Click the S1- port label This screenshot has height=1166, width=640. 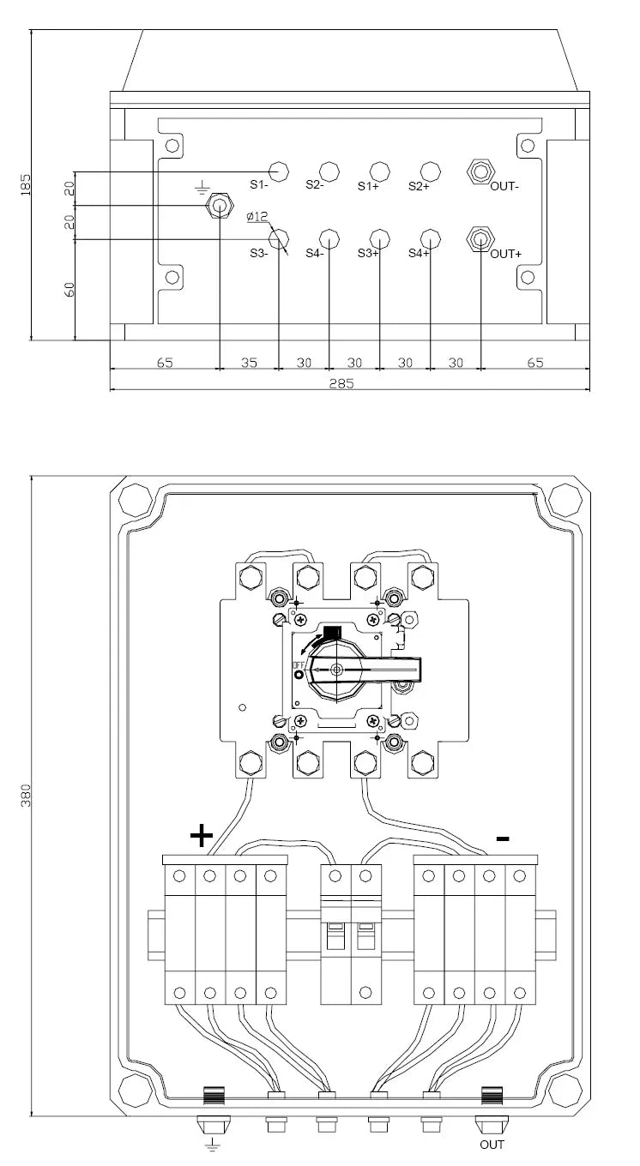(259, 185)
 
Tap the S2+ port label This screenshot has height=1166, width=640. (420, 186)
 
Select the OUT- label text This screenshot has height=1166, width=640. (504, 186)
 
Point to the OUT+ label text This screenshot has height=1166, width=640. (505, 254)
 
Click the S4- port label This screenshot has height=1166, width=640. (315, 254)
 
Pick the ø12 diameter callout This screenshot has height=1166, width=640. (257, 216)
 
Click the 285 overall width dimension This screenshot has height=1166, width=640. (341, 383)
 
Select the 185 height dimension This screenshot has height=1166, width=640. (26, 185)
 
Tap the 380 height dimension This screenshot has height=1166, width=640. (26, 796)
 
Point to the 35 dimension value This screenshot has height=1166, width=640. (249, 363)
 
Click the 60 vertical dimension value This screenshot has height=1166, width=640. (69, 290)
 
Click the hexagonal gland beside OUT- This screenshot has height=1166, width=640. (480, 171)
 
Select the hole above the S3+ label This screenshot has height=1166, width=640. (380, 239)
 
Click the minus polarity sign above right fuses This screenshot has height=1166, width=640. (503, 838)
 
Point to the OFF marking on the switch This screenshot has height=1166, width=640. (298, 664)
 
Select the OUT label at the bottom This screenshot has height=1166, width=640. (492, 1145)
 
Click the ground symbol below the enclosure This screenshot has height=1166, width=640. (211, 1144)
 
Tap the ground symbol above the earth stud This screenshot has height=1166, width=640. (202, 187)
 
